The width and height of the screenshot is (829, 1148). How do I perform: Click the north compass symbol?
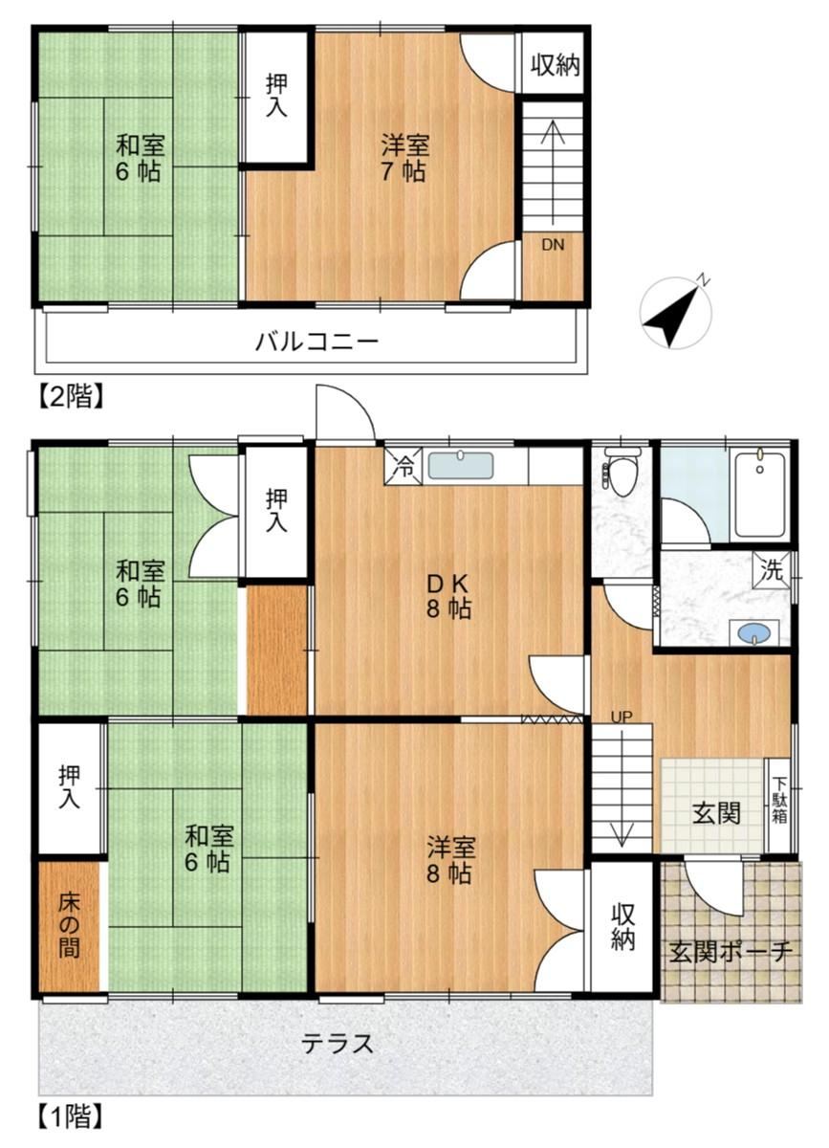point(676,314)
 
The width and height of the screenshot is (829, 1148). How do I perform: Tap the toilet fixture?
point(622,471)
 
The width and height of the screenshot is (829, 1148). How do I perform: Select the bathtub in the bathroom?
point(760,496)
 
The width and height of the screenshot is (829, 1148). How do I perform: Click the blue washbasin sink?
point(755,633)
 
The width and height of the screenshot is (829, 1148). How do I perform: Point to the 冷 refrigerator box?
point(404,465)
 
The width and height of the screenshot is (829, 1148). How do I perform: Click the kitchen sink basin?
point(461,465)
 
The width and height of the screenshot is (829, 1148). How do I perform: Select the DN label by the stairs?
point(553,245)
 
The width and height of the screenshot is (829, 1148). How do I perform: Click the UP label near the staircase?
point(622,716)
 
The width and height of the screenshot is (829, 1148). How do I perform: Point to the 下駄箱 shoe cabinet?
point(779,801)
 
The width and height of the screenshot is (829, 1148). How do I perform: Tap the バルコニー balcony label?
point(317,341)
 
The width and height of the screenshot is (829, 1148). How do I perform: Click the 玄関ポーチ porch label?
point(731,953)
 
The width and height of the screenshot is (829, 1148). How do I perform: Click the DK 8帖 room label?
point(448,595)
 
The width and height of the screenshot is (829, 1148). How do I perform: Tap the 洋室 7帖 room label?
point(404,158)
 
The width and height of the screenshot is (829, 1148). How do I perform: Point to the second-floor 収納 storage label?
point(555,65)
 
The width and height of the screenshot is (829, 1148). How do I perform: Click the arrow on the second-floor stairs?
point(553,173)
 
